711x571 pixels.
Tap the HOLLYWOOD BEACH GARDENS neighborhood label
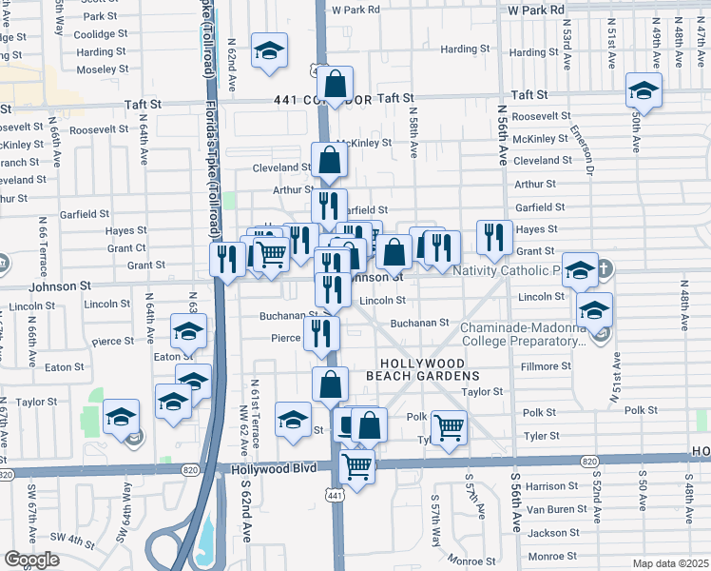tap(422, 370)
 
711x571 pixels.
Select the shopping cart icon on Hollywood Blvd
tap(356, 467)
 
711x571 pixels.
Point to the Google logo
tap(30, 560)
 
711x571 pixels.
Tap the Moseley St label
tap(102, 69)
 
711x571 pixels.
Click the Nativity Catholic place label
tap(505, 270)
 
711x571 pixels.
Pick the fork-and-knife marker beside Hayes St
tap(493, 237)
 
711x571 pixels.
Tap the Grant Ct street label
tap(126, 247)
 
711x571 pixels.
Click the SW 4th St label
tap(69, 539)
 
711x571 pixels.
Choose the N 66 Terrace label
tap(43, 242)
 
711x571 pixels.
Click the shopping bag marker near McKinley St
tap(328, 161)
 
